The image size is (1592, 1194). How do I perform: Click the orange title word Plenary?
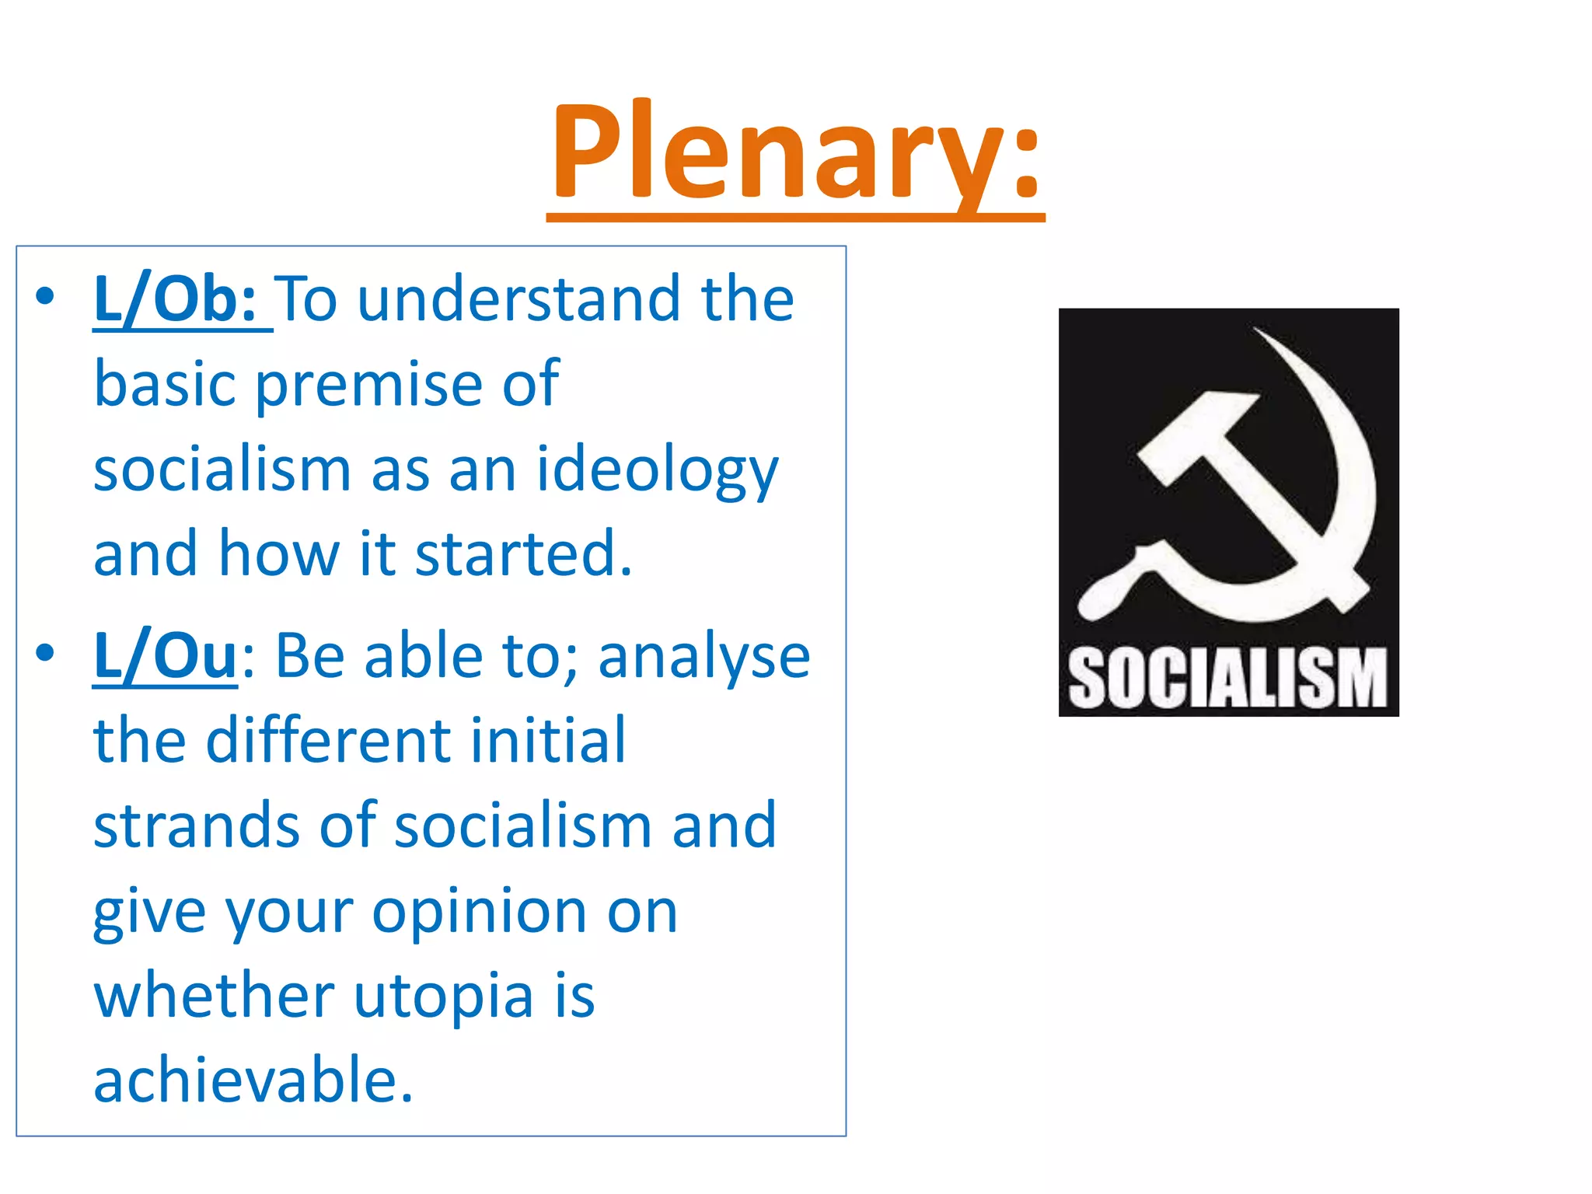794,152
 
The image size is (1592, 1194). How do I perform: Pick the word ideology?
657,471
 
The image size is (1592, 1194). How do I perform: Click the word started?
523,553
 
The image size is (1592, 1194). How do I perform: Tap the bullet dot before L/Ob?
45,296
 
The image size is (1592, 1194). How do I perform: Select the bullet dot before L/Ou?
45,653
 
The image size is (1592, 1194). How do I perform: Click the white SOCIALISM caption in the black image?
1228,679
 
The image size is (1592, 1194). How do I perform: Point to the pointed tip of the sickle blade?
1256,331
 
